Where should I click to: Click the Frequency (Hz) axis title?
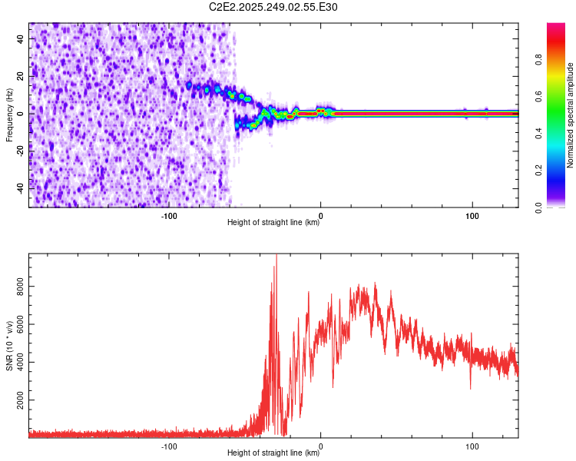coord(9,114)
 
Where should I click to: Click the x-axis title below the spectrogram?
coord(273,224)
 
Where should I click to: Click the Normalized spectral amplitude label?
coord(571,115)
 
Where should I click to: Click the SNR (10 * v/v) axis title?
coord(9,345)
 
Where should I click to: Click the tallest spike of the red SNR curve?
coord(276,258)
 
